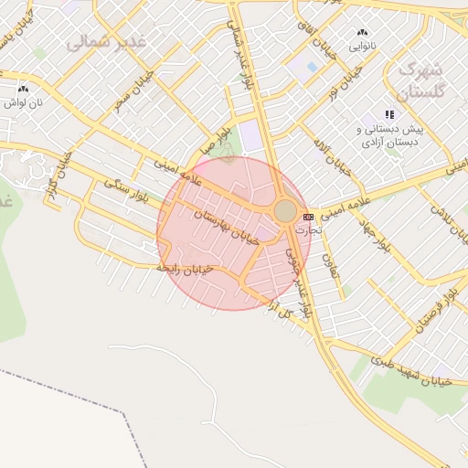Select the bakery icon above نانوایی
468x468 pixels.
(363, 32)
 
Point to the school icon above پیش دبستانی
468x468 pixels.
(389, 114)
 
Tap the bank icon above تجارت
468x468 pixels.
(308, 217)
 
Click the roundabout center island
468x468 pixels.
(285, 211)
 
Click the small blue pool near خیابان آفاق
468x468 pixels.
(312, 68)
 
